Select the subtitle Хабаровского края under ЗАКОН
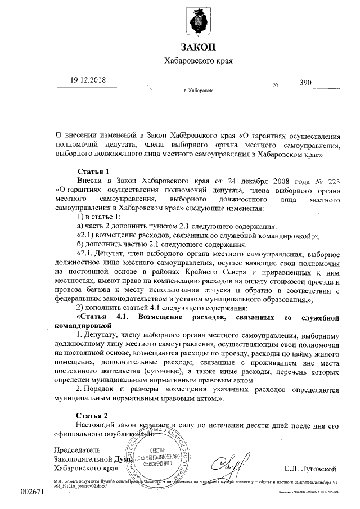[x=197, y=60]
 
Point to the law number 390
[x=305, y=82]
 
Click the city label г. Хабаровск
[x=198, y=91]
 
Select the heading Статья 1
[x=92, y=170]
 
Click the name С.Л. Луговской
[x=310, y=467]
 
